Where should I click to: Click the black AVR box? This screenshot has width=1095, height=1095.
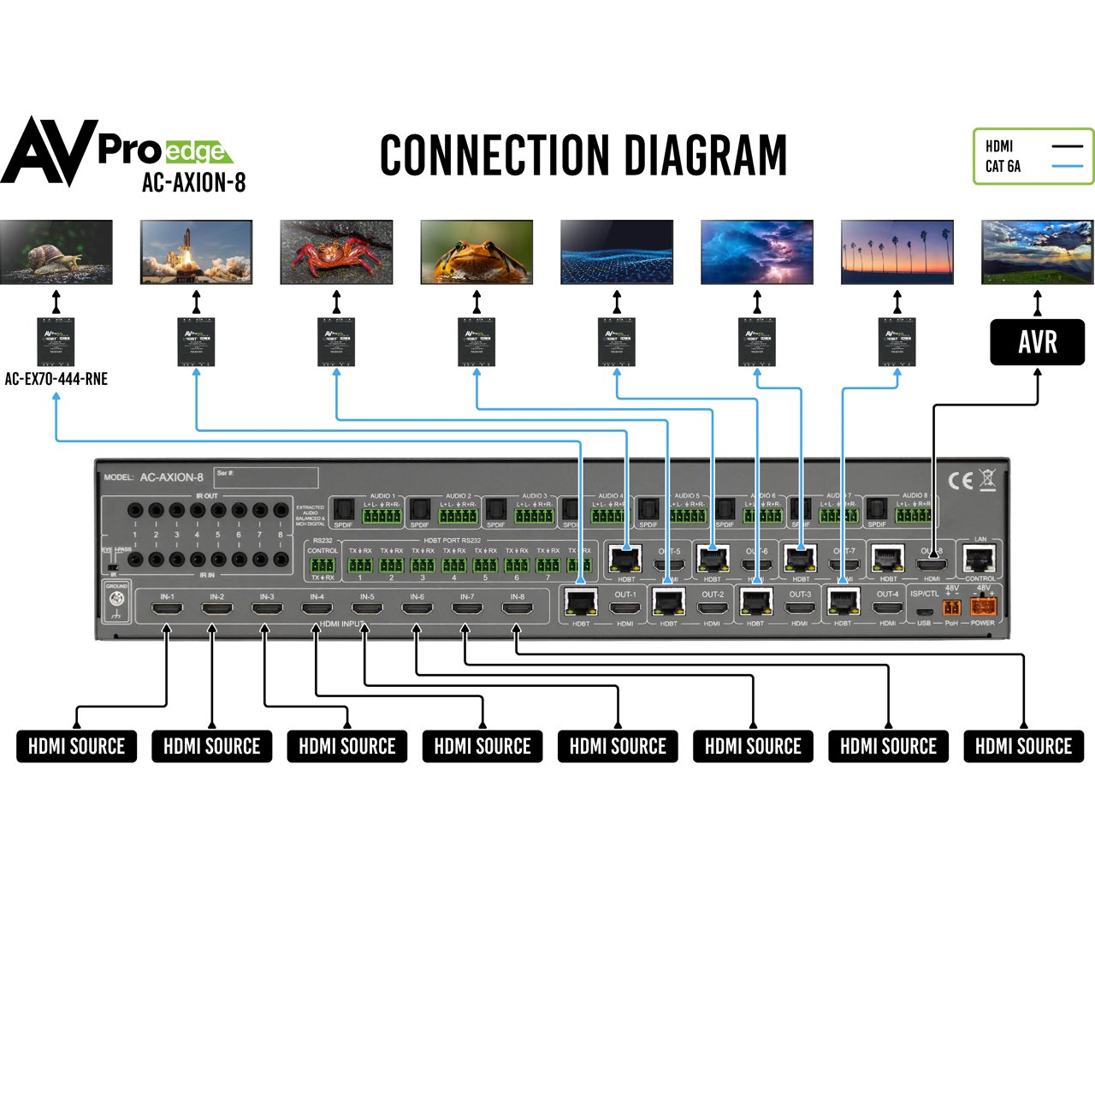click(x=1037, y=342)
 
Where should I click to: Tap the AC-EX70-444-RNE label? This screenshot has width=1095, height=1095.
click(x=56, y=379)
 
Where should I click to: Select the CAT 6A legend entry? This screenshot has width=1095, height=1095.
click(x=1003, y=167)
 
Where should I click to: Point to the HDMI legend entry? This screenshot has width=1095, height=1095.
click(x=999, y=146)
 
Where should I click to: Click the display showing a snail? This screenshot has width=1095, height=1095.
click(x=56, y=252)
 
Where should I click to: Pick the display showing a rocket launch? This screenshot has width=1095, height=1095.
click(x=196, y=252)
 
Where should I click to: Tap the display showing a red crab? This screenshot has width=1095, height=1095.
click(x=336, y=252)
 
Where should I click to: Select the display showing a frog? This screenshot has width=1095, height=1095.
click(x=476, y=252)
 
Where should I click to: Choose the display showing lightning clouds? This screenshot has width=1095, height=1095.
click(x=756, y=252)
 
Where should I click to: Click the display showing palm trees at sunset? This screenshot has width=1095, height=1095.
click(x=897, y=252)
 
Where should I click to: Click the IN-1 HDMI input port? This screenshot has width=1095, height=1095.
click(x=167, y=610)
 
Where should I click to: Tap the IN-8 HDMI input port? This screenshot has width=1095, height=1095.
click(x=517, y=610)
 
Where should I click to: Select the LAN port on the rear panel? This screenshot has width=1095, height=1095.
click(x=980, y=559)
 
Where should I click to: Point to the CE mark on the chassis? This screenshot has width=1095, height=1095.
click(x=960, y=481)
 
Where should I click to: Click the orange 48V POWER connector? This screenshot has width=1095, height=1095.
click(x=984, y=607)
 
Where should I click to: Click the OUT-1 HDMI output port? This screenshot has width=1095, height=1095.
click(x=625, y=609)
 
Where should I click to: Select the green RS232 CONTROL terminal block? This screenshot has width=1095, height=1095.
click(x=323, y=565)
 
